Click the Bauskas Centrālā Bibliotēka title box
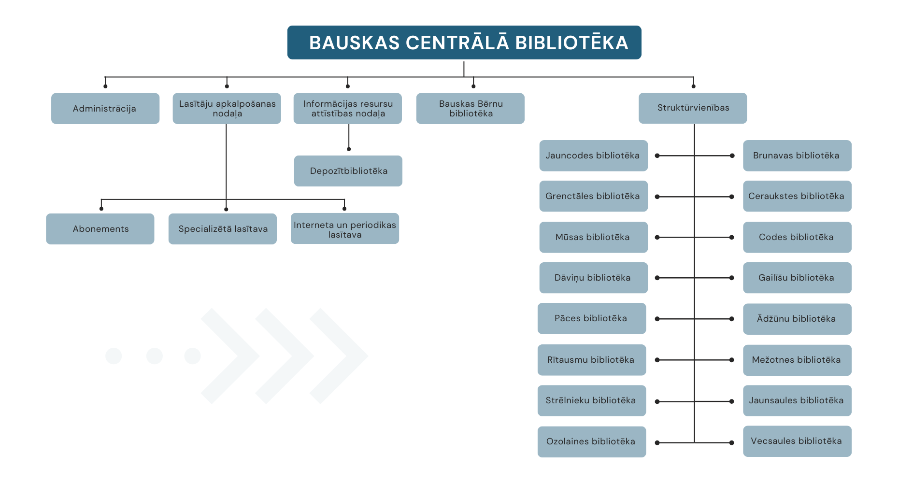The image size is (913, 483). (x=464, y=43)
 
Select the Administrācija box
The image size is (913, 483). (x=105, y=109)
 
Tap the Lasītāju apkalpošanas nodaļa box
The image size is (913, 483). (x=227, y=109)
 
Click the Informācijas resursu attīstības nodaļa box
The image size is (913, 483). (x=348, y=109)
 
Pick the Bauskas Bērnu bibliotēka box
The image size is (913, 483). (x=470, y=109)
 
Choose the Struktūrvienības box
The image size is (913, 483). (x=693, y=108)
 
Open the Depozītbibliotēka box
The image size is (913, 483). (x=348, y=171)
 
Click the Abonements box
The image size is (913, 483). (x=100, y=229)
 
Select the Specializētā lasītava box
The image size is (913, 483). (x=223, y=229)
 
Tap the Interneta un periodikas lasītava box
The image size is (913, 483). (x=345, y=229)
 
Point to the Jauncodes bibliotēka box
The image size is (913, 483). (x=593, y=156)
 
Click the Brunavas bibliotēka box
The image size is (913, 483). (x=797, y=156)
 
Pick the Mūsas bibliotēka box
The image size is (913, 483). (x=593, y=237)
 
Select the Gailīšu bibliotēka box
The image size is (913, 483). (x=797, y=278)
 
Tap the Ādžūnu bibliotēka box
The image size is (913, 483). (x=797, y=319)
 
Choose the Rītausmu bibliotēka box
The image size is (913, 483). (x=592, y=360)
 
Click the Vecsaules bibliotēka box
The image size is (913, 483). (x=797, y=441)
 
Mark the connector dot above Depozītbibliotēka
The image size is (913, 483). (x=349, y=149)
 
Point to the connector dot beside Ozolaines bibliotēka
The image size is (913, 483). (x=657, y=442)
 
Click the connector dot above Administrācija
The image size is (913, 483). (x=105, y=86)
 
